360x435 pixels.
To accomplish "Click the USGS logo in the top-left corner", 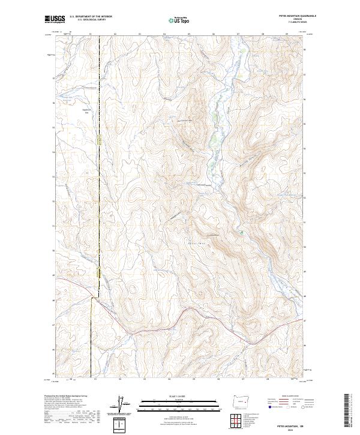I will pos(54,19).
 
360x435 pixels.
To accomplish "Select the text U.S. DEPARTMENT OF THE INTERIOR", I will pos(91,17).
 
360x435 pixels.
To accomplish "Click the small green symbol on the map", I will pos(241,231).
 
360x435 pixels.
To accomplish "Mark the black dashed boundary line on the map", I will pos(99,180).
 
